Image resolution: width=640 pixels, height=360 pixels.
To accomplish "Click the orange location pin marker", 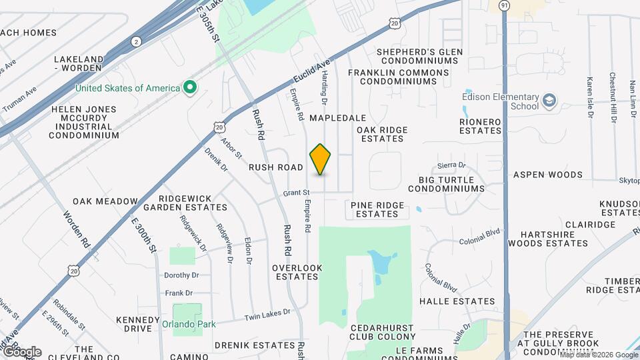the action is [321, 159].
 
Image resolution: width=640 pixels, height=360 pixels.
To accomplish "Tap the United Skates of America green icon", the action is [190, 88].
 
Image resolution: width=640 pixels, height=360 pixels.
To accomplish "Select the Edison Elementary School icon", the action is [549, 101].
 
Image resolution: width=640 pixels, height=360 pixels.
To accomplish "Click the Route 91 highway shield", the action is [505, 5].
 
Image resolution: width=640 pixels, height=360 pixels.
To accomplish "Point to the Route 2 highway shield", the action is [137, 41].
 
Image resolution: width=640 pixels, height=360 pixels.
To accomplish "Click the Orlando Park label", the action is [183, 325].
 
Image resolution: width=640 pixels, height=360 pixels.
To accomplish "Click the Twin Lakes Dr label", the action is [268, 312].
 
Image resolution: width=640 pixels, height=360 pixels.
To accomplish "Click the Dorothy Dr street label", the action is [182, 275].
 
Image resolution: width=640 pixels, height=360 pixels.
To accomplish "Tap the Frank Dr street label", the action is [179, 293].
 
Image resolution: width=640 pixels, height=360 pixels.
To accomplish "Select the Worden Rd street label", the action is [77, 230].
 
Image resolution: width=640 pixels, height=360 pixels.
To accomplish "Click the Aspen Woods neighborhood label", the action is [547, 175].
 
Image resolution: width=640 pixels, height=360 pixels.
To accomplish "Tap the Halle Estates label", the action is [456, 301].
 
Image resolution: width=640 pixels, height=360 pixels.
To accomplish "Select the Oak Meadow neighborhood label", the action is [105, 201].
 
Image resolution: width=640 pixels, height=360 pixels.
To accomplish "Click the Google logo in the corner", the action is [21, 351].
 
